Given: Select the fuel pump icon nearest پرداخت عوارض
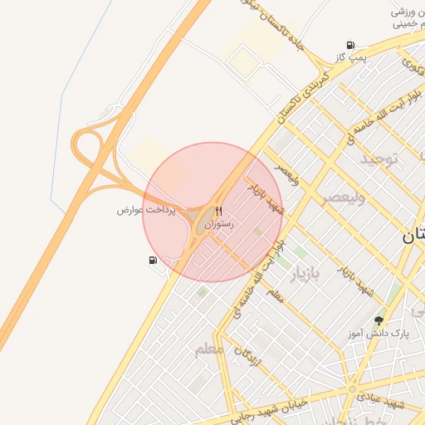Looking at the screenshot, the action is point(153,260).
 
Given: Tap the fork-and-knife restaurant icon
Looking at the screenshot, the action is point(219,211).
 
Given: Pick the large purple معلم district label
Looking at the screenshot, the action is point(208,349).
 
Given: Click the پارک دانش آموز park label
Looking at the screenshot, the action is point(379,334).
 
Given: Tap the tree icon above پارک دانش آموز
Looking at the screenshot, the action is point(380,320).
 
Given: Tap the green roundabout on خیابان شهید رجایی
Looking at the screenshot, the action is point(352,388).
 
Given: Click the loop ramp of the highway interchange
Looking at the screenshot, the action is point(85,147).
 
